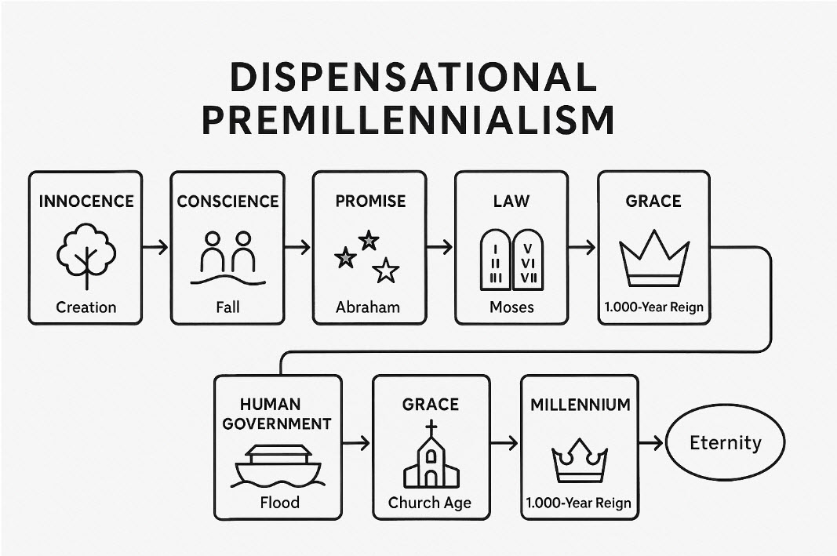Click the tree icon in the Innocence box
tap(86, 255)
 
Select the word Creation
tap(86, 307)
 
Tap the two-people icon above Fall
tap(227, 251)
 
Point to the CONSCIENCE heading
tap(227, 202)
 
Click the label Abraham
tap(368, 307)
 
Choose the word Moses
tap(511, 307)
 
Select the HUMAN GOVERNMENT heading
tap(278, 414)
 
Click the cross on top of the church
tap(431, 430)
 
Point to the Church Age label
tap(430, 503)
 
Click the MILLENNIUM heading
tap(580, 405)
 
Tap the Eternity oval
tap(725, 443)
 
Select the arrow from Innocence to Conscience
tap(156, 247)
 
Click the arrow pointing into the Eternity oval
tap(651, 443)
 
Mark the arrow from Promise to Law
tap(441, 247)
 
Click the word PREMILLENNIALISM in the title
tap(408, 120)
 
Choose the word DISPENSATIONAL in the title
tap(408, 78)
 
